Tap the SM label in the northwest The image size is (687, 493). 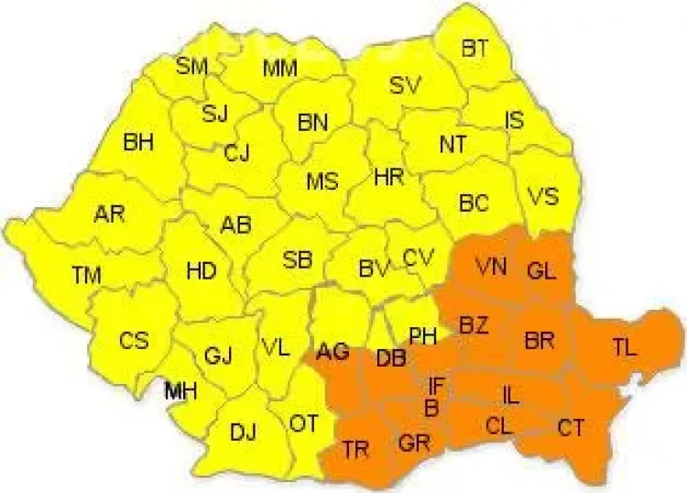coord(192,66)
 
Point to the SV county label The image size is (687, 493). coord(404,86)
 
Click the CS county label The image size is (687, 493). coord(134,340)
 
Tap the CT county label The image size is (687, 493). coord(570,426)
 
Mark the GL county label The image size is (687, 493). coord(541,269)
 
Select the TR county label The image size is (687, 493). coord(357,448)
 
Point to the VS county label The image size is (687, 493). coord(543,196)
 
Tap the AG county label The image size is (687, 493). coord(333,351)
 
